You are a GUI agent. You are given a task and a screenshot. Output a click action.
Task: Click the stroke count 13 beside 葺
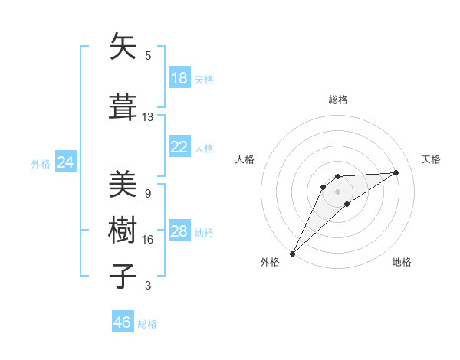(x=148, y=117)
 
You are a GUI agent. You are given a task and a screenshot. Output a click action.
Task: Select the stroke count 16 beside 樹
(x=148, y=240)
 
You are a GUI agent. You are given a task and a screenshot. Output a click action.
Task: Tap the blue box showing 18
(x=179, y=78)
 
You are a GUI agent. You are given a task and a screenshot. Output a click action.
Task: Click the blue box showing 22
(x=179, y=147)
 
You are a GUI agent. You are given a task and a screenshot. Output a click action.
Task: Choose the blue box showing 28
(x=179, y=231)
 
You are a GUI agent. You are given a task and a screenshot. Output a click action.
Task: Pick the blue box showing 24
(x=66, y=162)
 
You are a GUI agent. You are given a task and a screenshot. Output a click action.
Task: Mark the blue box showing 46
(x=123, y=322)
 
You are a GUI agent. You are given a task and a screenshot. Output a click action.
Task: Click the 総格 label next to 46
(x=147, y=324)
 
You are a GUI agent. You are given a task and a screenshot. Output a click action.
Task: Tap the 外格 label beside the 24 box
(x=41, y=164)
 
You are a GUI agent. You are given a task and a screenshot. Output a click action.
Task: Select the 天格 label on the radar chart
(x=431, y=159)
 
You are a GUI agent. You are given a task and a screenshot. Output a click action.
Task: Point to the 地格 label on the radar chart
(x=402, y=262)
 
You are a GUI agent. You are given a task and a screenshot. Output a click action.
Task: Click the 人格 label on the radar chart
(x=245, y=159)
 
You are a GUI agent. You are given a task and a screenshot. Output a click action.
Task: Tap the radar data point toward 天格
(x=396, y=172)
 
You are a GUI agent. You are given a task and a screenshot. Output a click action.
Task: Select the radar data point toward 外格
(x=292, y=253)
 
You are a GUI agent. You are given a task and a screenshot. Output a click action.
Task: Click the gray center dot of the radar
(x=337, y=191)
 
